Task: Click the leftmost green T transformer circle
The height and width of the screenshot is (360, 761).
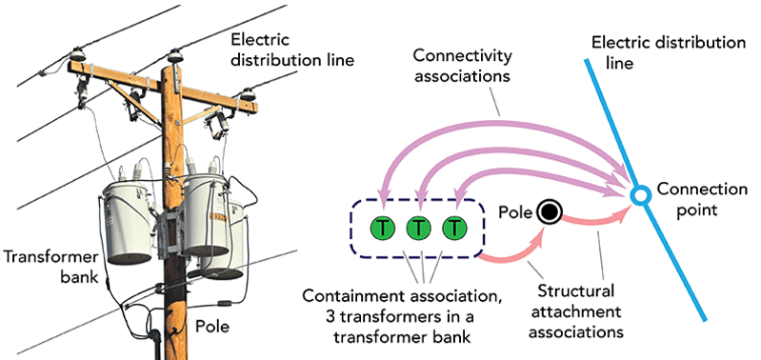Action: click(x=382, y=229)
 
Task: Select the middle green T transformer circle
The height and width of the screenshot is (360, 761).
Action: click(x=419, y=229)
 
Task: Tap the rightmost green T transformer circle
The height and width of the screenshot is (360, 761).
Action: click(x=456, y=229)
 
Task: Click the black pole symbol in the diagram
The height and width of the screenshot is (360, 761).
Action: click(x=548, y=212)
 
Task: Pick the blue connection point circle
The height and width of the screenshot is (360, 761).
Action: click(x=640, y=196)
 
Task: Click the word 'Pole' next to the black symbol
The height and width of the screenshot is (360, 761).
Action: click(x=513, y=209)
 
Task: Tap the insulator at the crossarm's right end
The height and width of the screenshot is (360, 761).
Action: click(x=250, y=94)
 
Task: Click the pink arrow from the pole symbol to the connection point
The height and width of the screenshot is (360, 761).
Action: click(x=595, y=219)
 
